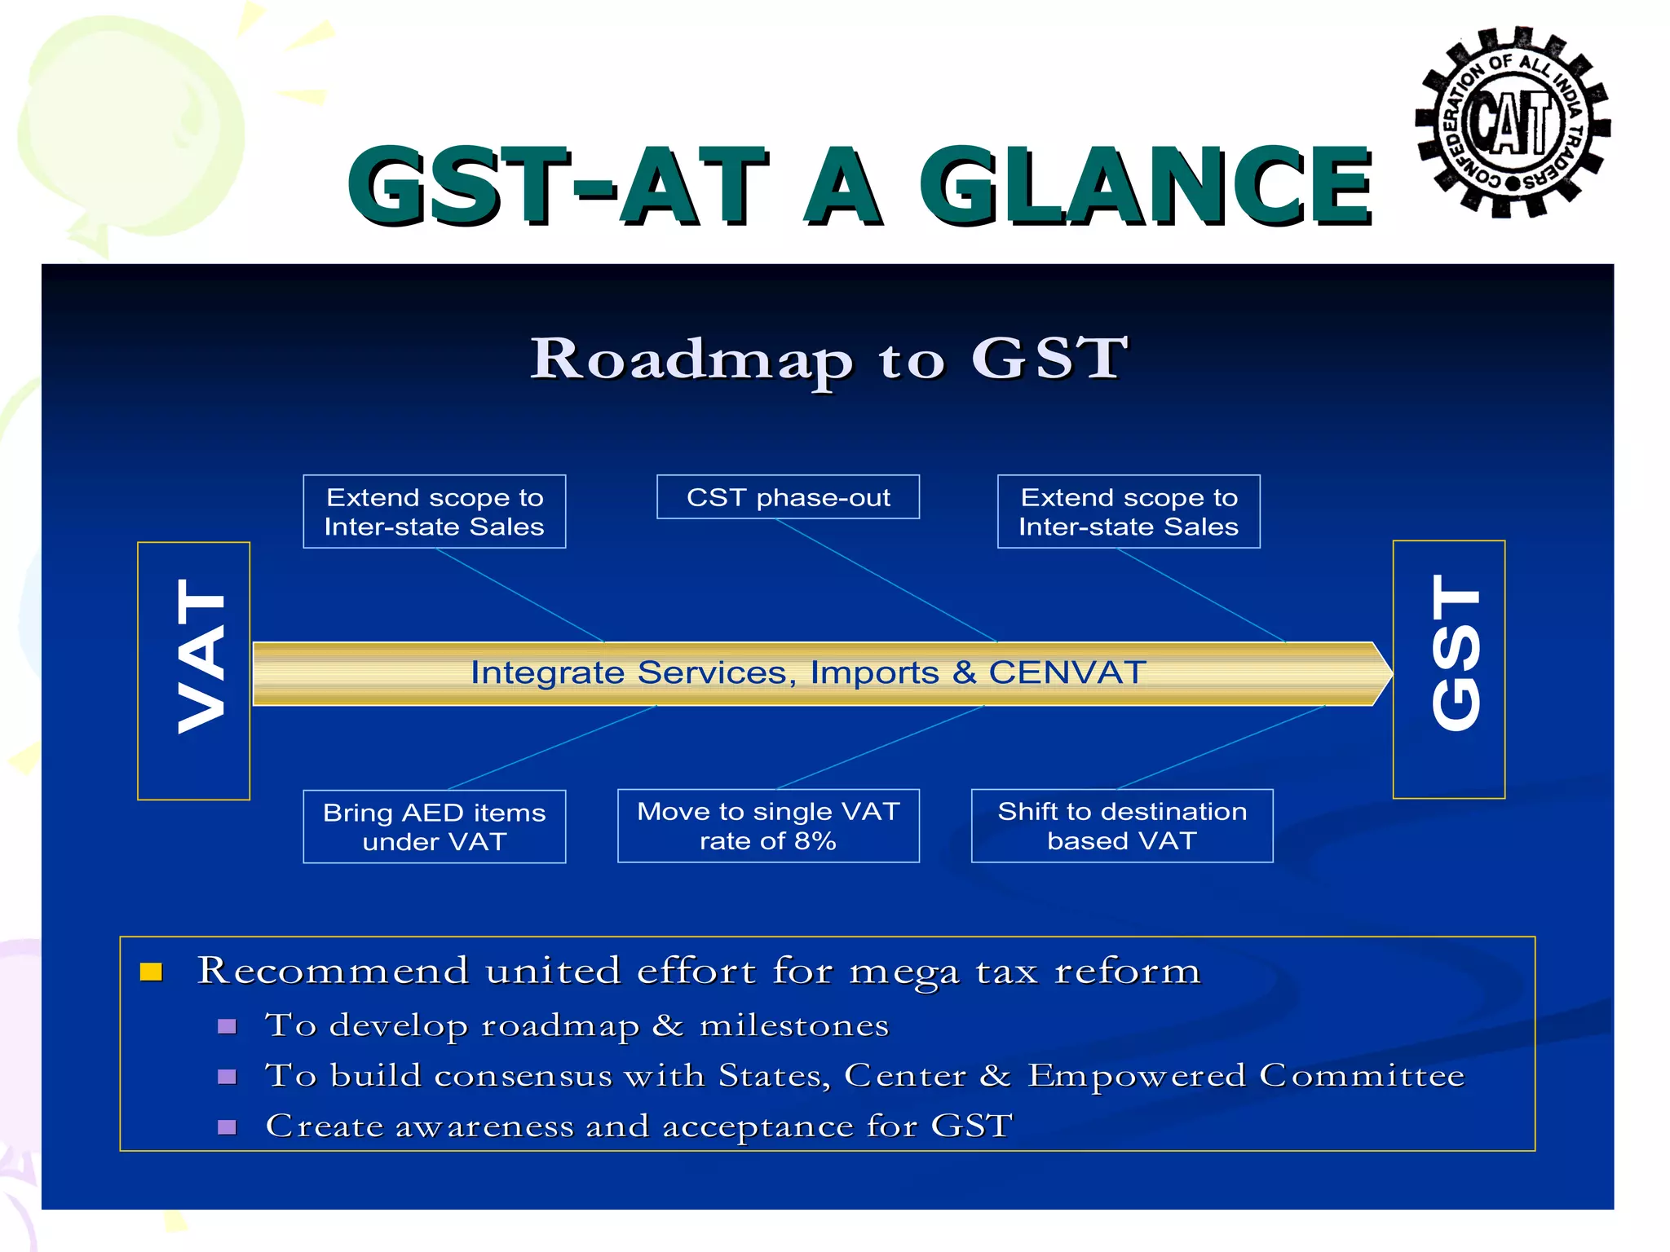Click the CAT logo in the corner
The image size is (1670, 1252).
click(x=1513, y=122)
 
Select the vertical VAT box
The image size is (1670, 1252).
click(x=194, y=670)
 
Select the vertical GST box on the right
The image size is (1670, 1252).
click(x=1449, y=668)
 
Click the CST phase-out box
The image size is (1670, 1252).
click(x=788, y=497)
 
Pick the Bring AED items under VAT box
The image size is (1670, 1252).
click(x=434, y=827)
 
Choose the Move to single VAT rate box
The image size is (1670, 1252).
click(x=768, y=826)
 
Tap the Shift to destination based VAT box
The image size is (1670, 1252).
click(x=1122, y=826)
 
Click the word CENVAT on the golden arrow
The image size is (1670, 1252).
click(x=1067, y=673)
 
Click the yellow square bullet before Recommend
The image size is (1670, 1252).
click(x=152, y=972)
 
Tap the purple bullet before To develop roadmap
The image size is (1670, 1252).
click(x=228, y=1026)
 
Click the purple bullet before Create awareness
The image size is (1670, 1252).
click(x=228, y=1127)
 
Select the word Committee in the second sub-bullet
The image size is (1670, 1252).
click(x=1362, y=1076)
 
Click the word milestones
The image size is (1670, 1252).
click(x=794, y=1025)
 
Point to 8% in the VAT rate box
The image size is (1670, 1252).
click(x=815, y=841)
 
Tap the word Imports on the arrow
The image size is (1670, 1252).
click(x=874, y=673)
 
